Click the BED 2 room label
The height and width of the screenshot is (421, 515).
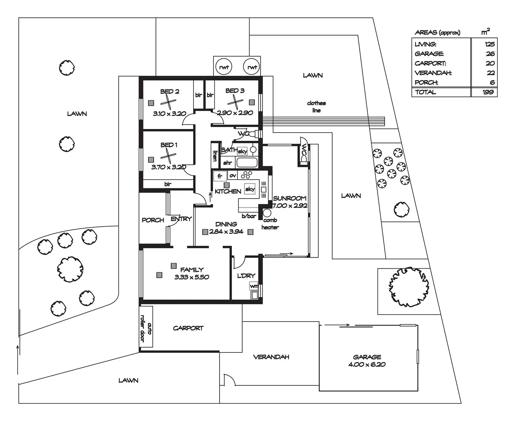[170, 92]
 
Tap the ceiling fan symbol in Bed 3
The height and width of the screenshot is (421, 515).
[235, 103]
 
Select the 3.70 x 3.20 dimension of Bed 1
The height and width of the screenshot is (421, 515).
[169, 167]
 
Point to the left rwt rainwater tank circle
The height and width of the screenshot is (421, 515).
[224, 67]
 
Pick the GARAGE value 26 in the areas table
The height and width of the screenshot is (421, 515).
[490, 54]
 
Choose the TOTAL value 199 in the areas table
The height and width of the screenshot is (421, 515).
[488, 92]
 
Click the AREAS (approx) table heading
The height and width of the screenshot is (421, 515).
[437, 33]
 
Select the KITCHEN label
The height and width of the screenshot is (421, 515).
[228, 191]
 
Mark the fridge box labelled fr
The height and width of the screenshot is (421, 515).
[220, 176]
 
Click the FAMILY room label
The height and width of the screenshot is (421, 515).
[192, 270]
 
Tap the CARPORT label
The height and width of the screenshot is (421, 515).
[188, 328]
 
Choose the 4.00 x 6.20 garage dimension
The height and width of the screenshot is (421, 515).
[367, 365]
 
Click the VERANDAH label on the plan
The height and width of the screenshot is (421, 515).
[271, 357]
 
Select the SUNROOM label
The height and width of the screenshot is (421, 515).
[290, 198]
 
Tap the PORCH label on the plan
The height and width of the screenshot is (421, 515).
[153, 220]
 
